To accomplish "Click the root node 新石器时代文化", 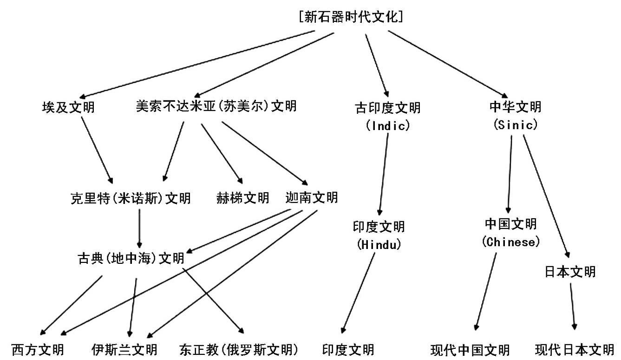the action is [x=351, y=17].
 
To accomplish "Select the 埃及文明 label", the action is [x=68, y=107].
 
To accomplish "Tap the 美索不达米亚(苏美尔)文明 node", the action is [x=216, y=106].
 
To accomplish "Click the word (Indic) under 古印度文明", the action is [x=387, y=125].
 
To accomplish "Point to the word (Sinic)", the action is [x=516, y=124].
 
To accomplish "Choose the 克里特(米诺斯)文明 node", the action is [x=131, y=198].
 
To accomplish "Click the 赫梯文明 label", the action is [x=242, y=198].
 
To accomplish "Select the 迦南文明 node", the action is [x=312, y=197].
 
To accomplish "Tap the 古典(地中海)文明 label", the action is [x=131, y=258].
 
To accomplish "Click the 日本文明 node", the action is [x=570, y=272].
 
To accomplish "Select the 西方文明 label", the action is [x=38, y=350].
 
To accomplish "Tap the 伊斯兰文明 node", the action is [x=124, y=350].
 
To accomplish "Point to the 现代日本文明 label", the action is [x=575, y=350].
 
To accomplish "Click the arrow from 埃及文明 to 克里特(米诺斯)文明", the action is [x=97, y=150].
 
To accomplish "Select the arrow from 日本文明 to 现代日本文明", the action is [x=573, y=307].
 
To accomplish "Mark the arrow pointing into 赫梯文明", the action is [x=222, y=154].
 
